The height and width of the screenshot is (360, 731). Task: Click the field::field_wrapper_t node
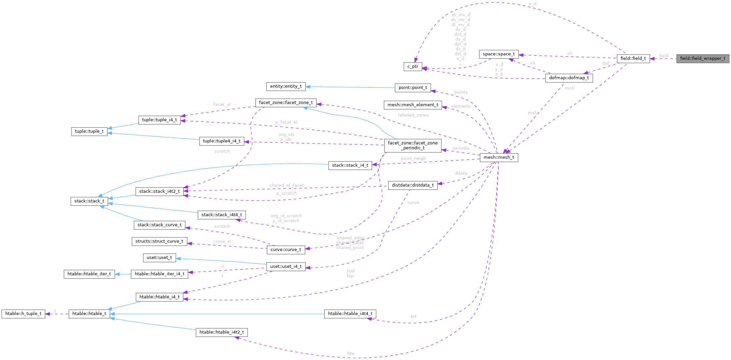(x=703, y=59)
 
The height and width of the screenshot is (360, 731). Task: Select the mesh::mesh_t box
(x=499, y=157)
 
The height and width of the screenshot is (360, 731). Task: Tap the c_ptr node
(x=413, y=67)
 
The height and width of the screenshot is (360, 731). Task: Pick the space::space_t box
(x=499, y=54)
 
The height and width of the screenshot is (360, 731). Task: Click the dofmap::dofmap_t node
(x=569, y=78)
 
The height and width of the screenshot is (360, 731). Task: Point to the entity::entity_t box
(x=286, y=86)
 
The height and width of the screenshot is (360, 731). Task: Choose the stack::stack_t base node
(x=89, y=201)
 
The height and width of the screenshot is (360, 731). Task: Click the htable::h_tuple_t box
(x=23, y=314)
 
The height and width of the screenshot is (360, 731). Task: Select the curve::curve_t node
(x=286, y=250)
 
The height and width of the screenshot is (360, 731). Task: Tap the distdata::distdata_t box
(x=413, y=185)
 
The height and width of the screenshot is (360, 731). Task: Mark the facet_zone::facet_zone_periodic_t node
(x=413, y=145)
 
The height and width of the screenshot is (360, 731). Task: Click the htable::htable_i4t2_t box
(x=221, y=332)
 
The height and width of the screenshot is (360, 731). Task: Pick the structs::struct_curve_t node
(x=159, y=241)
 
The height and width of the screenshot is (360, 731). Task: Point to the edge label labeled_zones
(x=413, y=115)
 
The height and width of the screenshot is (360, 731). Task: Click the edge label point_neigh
(x=413, y=159)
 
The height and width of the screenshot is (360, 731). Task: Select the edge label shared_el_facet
(x=286, y=185)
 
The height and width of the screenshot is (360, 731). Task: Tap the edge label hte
(x=351, y=354)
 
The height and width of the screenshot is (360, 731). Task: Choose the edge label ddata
(x=461, y=174)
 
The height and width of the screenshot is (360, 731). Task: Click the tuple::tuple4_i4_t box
(x=221, y=141)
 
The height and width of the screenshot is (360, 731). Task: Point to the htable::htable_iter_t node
(x=89, y=274)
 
